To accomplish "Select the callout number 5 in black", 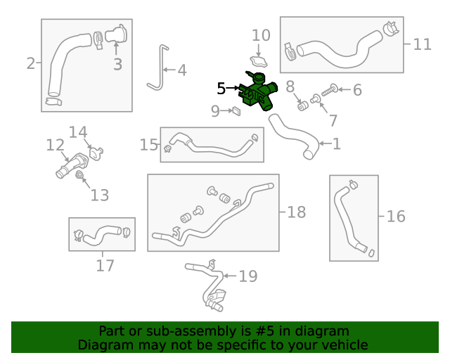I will (221, 89).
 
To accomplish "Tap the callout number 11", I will (422, 44).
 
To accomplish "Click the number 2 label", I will (30, 64).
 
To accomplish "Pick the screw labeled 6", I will (330, 89).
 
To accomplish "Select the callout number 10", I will (260, 35).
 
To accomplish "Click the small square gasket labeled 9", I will (237, 110).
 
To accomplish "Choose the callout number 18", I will (296, 212).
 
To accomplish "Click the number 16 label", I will (396, 216).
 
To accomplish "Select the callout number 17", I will (105, 266).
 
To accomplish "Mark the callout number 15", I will (149, 145).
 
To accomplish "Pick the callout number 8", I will (289, 86).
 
